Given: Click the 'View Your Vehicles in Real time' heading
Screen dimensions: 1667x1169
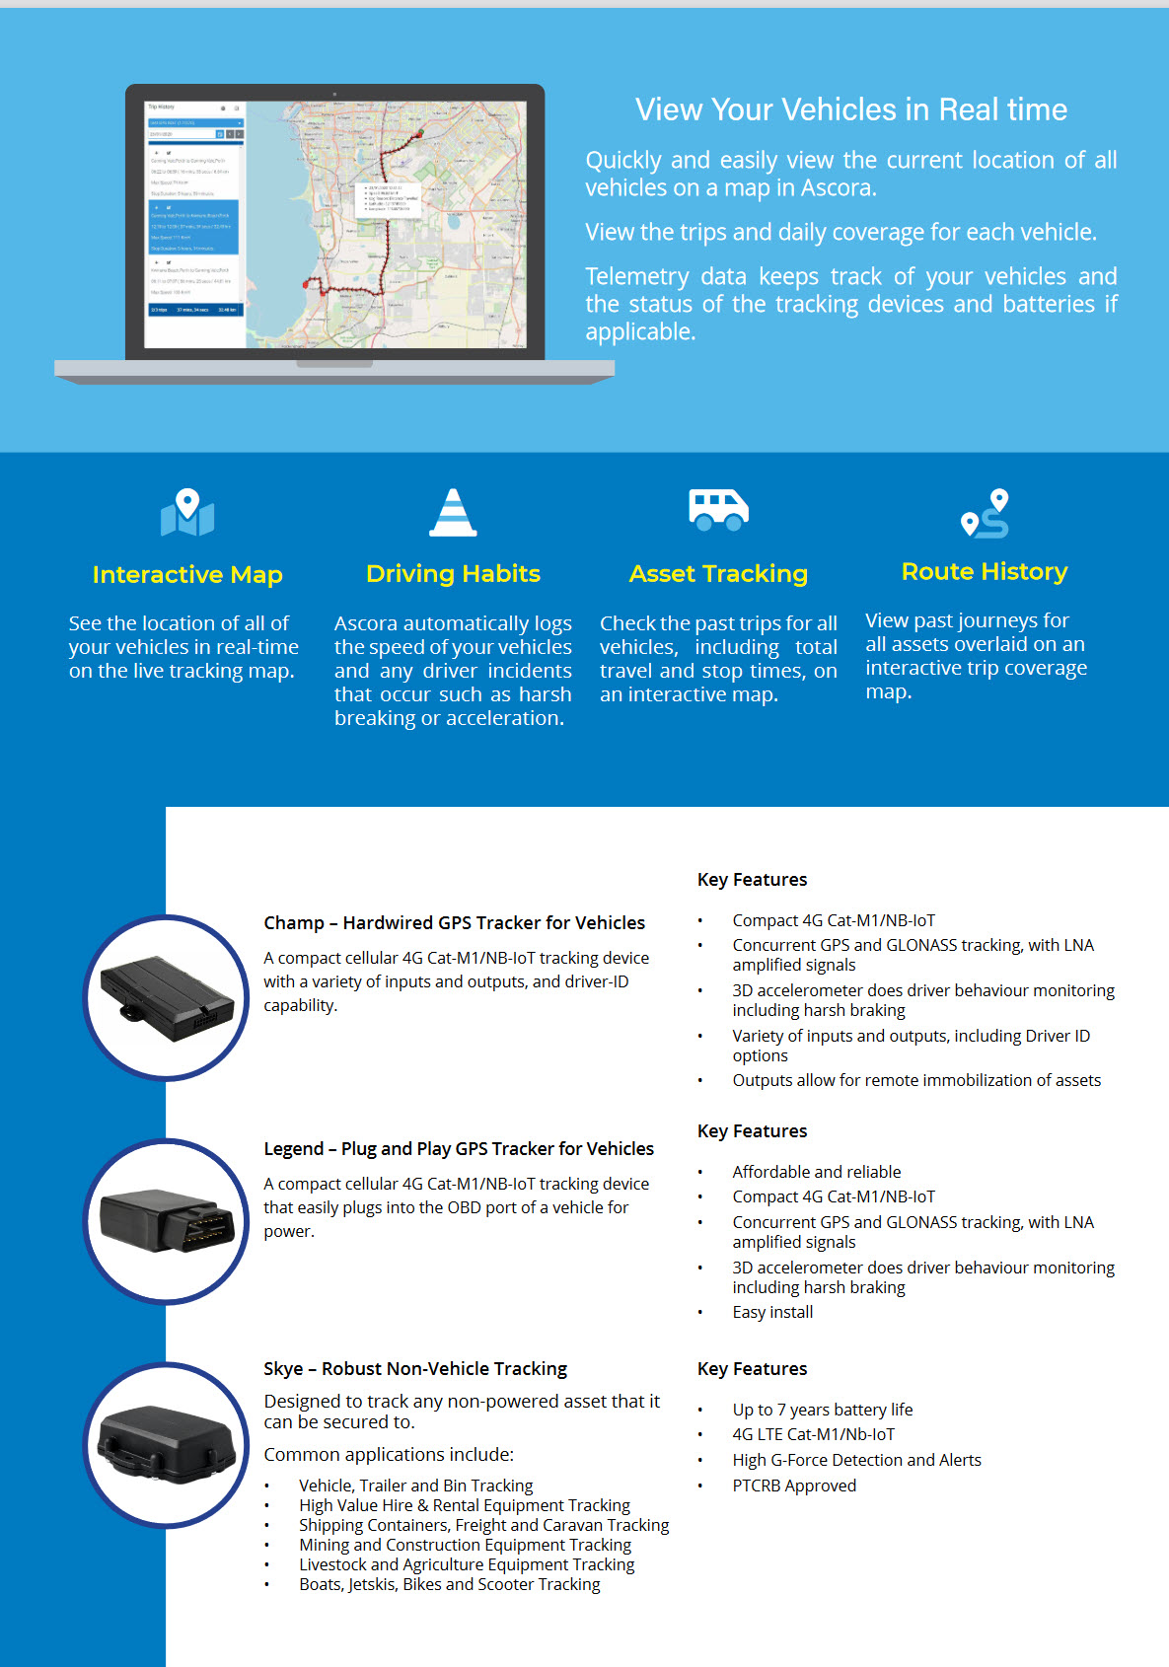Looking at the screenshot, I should (x=850, y=109).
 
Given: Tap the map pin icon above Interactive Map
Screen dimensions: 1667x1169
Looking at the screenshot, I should (x=187, y=512).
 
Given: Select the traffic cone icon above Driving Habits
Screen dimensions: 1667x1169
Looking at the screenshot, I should (x=453, y=512).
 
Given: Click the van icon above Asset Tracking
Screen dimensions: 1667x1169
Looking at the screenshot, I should (x=718, y=510).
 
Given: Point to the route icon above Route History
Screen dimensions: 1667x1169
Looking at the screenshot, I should (x=985, y=513).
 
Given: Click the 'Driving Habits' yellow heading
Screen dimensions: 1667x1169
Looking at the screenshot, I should (x=453, y=574).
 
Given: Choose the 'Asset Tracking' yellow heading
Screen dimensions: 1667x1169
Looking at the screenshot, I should (x=718, y=574).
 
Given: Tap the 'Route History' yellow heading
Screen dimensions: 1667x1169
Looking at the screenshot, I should (x=985, y=572).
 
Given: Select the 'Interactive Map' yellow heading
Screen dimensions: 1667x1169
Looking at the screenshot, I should (x=187, y=575).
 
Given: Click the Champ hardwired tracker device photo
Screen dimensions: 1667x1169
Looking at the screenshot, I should (x=167, y=997).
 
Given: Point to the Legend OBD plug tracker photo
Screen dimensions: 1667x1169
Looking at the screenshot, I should (x=167, y=1221).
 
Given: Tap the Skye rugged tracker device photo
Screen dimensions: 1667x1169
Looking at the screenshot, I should (x=167, y=1445).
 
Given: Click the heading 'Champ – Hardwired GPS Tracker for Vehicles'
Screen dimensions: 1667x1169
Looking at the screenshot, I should (x=454, y=923).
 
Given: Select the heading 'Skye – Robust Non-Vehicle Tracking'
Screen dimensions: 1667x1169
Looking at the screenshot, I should (x=415, y=1369).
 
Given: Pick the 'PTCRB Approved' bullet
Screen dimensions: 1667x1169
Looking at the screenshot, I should (x=794, y=1486).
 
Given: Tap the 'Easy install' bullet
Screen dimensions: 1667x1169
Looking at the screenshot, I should (x=772, y=1312).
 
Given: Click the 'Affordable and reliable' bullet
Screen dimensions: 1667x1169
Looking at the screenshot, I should (x=816, y=1172).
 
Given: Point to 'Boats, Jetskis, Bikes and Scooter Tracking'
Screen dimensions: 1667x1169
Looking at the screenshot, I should (x=449, y=1584).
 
